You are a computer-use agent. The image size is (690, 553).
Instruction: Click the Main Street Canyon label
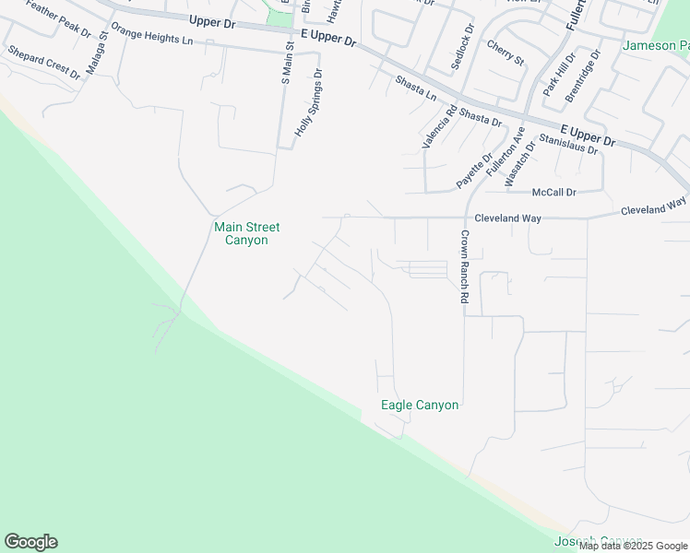246,233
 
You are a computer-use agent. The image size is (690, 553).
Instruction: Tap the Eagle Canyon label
420,405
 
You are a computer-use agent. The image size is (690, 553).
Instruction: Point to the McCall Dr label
554,193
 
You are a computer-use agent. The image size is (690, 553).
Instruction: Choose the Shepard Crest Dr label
43,62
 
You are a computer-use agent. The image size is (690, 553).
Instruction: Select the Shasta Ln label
415,88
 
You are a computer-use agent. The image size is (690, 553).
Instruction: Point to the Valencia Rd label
439,128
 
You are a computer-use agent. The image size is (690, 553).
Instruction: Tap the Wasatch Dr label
520,163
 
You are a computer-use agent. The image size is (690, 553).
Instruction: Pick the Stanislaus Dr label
569,143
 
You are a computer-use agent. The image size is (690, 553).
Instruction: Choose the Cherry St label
505,53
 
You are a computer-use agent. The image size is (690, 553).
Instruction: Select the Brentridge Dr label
583,76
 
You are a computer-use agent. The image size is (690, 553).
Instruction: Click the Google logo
31,542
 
